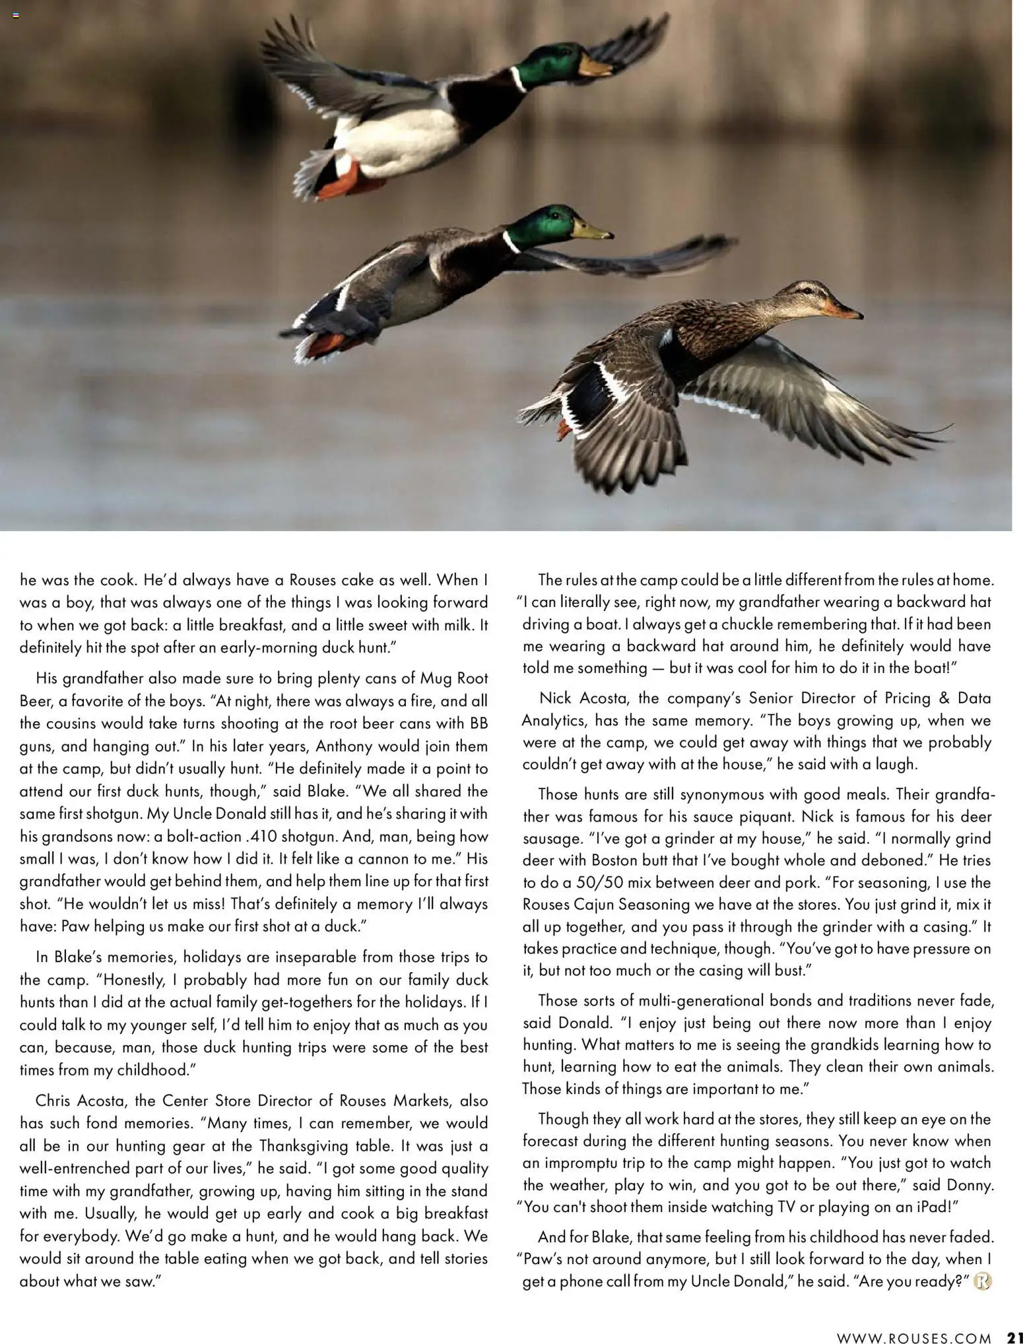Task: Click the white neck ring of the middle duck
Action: tap(511, 242)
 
